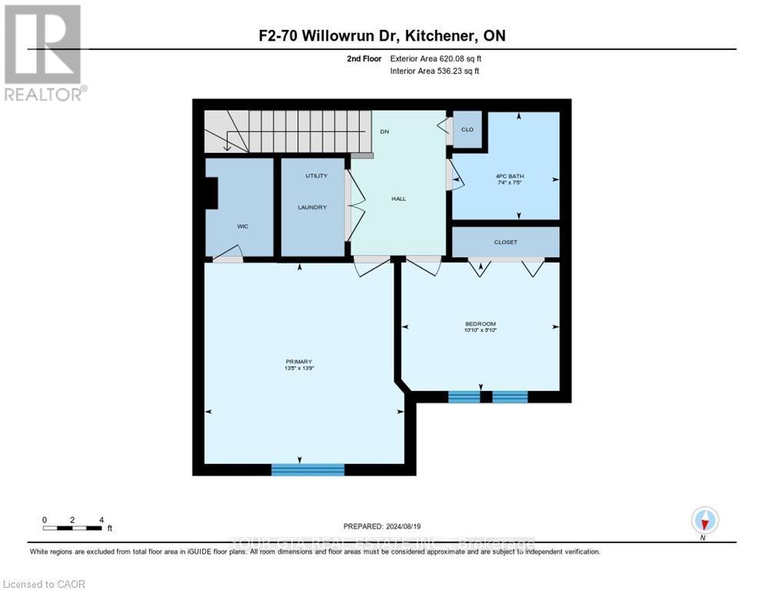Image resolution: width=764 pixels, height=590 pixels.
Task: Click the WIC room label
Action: click(x=242, y=227)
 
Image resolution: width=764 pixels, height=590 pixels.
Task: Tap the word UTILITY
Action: click(x=316, y=176)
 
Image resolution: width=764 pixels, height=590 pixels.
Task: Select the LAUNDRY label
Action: click(x=313, y=207)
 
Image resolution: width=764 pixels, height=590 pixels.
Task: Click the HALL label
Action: click(x=398, y=199)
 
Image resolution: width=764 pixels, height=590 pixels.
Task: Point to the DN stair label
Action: click(x=384, y=131)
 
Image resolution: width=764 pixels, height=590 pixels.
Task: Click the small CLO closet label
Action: click(x=467, y=130)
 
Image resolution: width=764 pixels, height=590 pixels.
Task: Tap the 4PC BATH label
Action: click(x=510, y=176)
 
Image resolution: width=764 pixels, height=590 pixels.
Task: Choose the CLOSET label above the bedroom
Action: click(x=506, y=242)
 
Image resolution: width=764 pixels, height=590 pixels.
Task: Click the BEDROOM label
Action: click(x=480, y=323)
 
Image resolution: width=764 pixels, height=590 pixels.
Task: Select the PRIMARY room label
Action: click(x=298, y=361)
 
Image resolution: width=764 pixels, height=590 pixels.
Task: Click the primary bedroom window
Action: click(x=307, y=469)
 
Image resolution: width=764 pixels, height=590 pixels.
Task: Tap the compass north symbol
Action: click(x=704, y=521)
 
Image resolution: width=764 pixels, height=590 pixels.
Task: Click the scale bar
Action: click(x=73, y=528)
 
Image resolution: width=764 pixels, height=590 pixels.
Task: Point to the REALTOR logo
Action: click(x=44, y=53)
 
